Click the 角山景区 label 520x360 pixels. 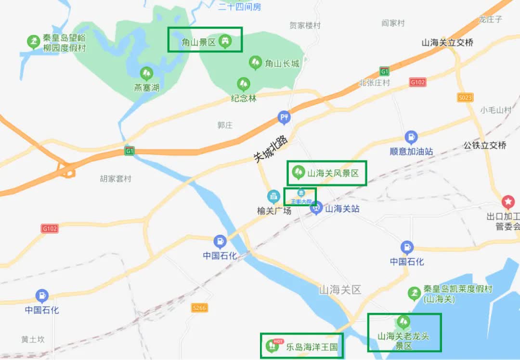[198, 42]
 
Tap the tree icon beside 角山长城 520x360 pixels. [255, 63]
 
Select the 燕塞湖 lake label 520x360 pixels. [146, 88]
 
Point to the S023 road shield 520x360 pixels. [465, 97]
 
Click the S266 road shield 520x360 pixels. [199, 307]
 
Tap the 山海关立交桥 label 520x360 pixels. [447, 42]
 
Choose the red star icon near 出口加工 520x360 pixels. [508, 201]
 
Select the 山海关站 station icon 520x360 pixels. [316, 208]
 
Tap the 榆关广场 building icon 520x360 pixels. [273, 197]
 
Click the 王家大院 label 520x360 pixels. [301, 201]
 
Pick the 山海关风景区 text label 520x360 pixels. [333, 173]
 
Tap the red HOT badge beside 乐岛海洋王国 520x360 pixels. [277, 341]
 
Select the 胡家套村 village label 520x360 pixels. [116, 179]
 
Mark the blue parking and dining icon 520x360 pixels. [284, 117]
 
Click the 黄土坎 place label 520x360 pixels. [33, 339]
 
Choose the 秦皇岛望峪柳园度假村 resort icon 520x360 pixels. [33, 42]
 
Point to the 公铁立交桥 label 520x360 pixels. [485, 145]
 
